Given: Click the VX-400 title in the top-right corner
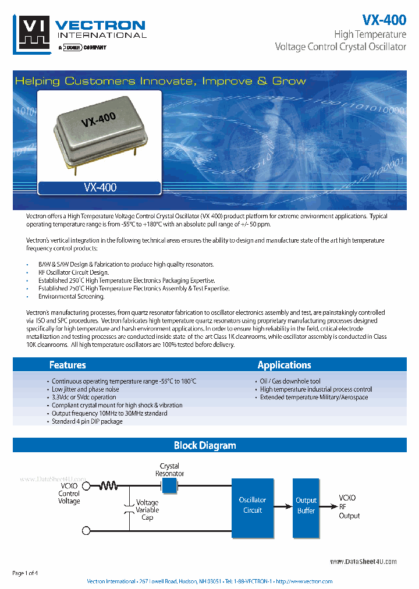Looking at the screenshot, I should tap(384, 20).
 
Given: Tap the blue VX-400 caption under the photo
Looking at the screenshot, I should tap(100, 187).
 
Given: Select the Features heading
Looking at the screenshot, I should tap(68, 365).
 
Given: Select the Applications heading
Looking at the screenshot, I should tap(284, 365).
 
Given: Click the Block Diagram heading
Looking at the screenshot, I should tap(205, 445).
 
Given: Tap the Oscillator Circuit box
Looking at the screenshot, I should tap(253, 505).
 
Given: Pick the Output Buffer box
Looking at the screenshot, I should tap(306, 505).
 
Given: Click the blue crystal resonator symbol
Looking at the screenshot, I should tap(169, 485).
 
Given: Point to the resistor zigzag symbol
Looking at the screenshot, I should tap(108, 485).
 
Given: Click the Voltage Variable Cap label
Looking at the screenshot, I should tap(147, 510).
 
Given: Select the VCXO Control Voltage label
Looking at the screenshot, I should tap(69, 493).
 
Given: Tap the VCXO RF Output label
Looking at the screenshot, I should tap(349, 507).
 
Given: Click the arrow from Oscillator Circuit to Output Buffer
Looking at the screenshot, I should tap(283, 505).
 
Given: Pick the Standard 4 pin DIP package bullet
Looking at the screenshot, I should tap(87, 421).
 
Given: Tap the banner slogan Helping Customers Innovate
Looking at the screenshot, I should tap(160, 81).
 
